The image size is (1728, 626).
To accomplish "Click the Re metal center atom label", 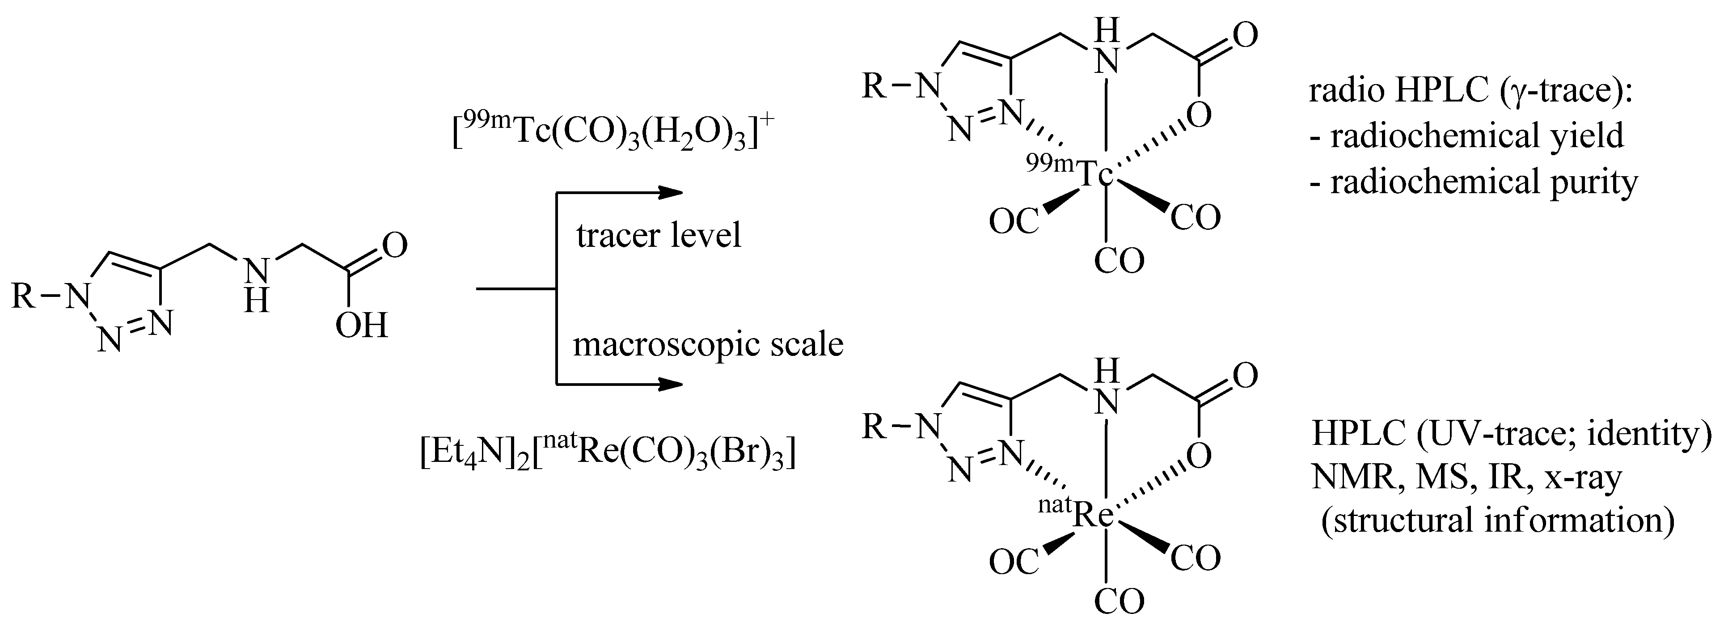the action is [x=1094, y=515].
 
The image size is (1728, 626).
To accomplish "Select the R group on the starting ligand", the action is [x=24, y=295].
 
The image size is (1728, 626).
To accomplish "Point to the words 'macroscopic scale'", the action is [x=708, y=344].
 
